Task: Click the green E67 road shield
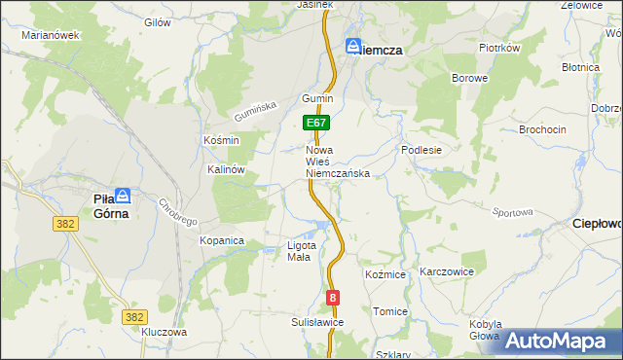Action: click(x=316, y=124)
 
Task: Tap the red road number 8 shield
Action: click(x=334, y=298)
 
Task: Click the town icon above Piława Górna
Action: click(x=123, y=195)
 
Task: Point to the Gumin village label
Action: click(x=317, y=99)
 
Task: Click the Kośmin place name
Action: click(x=221, y=140)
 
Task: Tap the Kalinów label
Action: click(x=225, y=168)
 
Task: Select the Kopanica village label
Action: click(x=221, y=240)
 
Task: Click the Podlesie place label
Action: click(x=421, y=151)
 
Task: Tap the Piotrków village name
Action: click(x=500, y=47)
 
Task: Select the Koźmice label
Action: click(x=385, y=275)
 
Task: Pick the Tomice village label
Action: click(x=389, y=311)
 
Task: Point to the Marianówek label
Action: click(x=50, y=35)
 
